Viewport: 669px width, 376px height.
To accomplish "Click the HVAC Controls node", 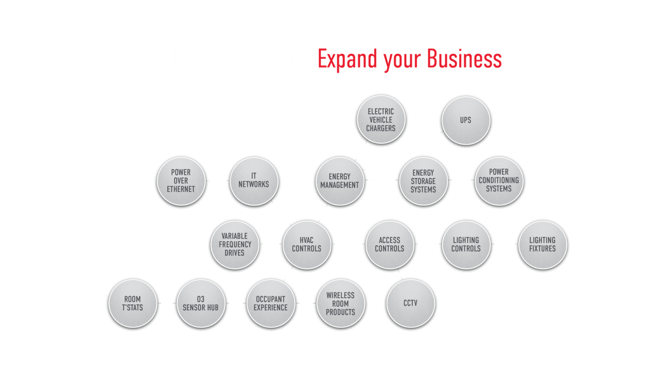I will (307, 244).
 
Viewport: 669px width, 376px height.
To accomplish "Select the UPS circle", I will (466, 120).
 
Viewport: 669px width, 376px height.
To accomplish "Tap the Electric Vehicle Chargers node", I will (381, 120).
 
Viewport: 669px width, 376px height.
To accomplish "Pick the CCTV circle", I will (410, 303).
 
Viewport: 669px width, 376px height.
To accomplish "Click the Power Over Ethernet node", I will (181, 181).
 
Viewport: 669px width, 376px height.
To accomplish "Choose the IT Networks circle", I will (253, 181).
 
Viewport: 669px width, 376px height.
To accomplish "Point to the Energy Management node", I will (339, 181).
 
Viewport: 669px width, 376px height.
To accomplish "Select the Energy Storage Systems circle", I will (423, 181).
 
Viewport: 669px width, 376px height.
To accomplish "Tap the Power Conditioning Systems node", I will (499, 181).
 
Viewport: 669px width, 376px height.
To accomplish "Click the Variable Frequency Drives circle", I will (235, 244).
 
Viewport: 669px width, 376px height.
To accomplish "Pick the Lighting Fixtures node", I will (542, 244).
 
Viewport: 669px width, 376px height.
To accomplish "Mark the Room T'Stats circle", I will (132, 303).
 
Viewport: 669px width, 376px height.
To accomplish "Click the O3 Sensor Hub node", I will (200, 303).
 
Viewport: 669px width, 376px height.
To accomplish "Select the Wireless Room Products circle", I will (340, 303).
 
